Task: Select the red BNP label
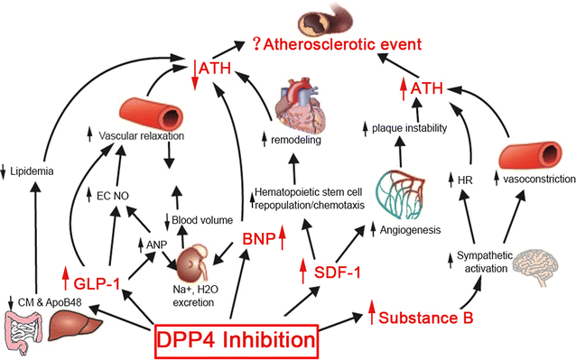[x=259, y=241]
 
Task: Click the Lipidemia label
[x=32, y=171]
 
